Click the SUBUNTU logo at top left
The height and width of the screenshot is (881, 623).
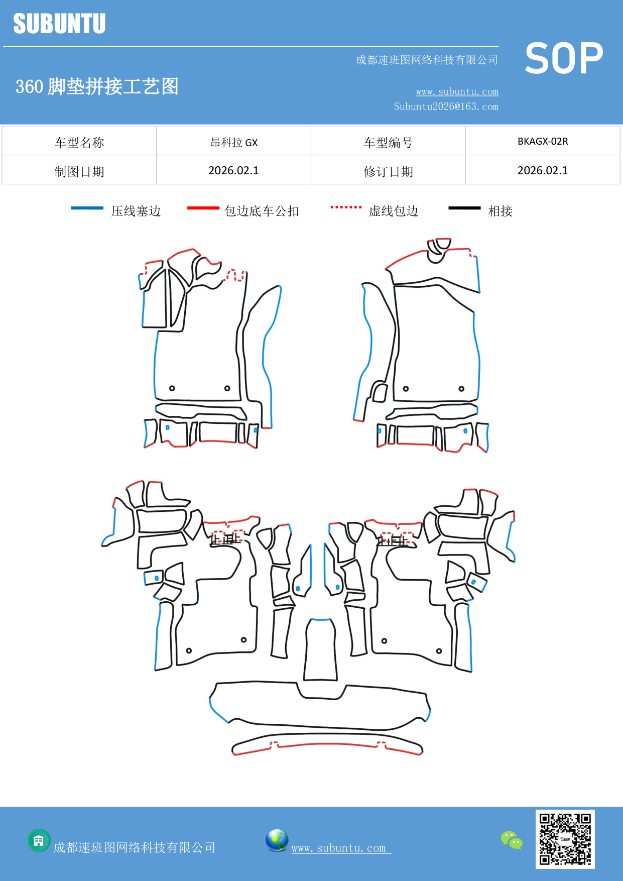pos(59,24)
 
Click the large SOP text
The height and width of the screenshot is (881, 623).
pos(563,58)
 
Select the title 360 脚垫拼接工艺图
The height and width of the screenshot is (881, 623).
pos(97,86)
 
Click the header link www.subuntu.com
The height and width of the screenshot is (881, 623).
pos(457,91)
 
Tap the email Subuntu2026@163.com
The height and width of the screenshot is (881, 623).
pos(446,106)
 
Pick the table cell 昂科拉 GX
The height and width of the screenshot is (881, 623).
pos(233,142)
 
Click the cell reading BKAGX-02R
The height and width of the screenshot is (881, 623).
pos(542,141)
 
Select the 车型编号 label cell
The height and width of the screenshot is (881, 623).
pos(388,143)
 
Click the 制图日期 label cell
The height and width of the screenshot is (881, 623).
pos(79,172)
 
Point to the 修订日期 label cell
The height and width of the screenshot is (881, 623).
pos(388,172)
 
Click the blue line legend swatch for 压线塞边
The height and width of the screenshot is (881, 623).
pos(87,208)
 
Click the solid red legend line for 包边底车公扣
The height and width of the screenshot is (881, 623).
pos(203,208)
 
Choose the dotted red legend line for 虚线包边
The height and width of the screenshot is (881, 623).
pos(346,207)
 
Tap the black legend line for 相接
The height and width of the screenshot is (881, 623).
pos(464,208)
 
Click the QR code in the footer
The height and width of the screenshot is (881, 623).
pos(565,839)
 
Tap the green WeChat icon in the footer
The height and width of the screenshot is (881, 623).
pos(512,840)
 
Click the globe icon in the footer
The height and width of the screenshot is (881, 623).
pos(277,840)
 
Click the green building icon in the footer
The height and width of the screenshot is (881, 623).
pos(39,840)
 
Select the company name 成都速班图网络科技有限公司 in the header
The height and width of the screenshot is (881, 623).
pos(427,60)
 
